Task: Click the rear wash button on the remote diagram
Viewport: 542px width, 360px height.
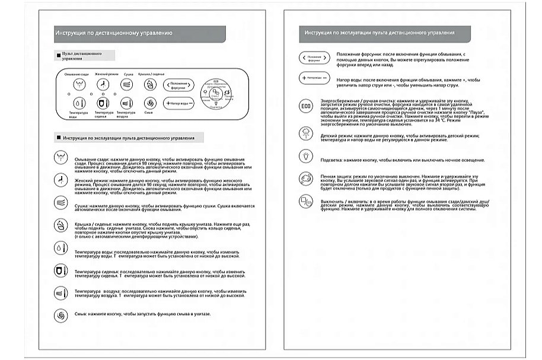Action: tap(78, 85)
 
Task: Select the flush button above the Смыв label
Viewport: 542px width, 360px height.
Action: tap(148, 103)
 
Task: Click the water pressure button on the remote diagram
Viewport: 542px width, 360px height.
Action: tap(179, 103)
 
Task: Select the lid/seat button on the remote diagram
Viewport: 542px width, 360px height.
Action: tap(148, 85)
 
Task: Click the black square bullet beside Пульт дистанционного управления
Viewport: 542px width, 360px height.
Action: tap(58, 55)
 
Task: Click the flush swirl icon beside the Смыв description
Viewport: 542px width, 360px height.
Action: tap(60, 315)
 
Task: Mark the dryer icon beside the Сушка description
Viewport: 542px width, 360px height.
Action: tap(60, 202)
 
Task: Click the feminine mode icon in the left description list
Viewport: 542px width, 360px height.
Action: tap(60, 180)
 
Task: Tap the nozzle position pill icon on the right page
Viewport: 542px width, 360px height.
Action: tap(314, 58)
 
